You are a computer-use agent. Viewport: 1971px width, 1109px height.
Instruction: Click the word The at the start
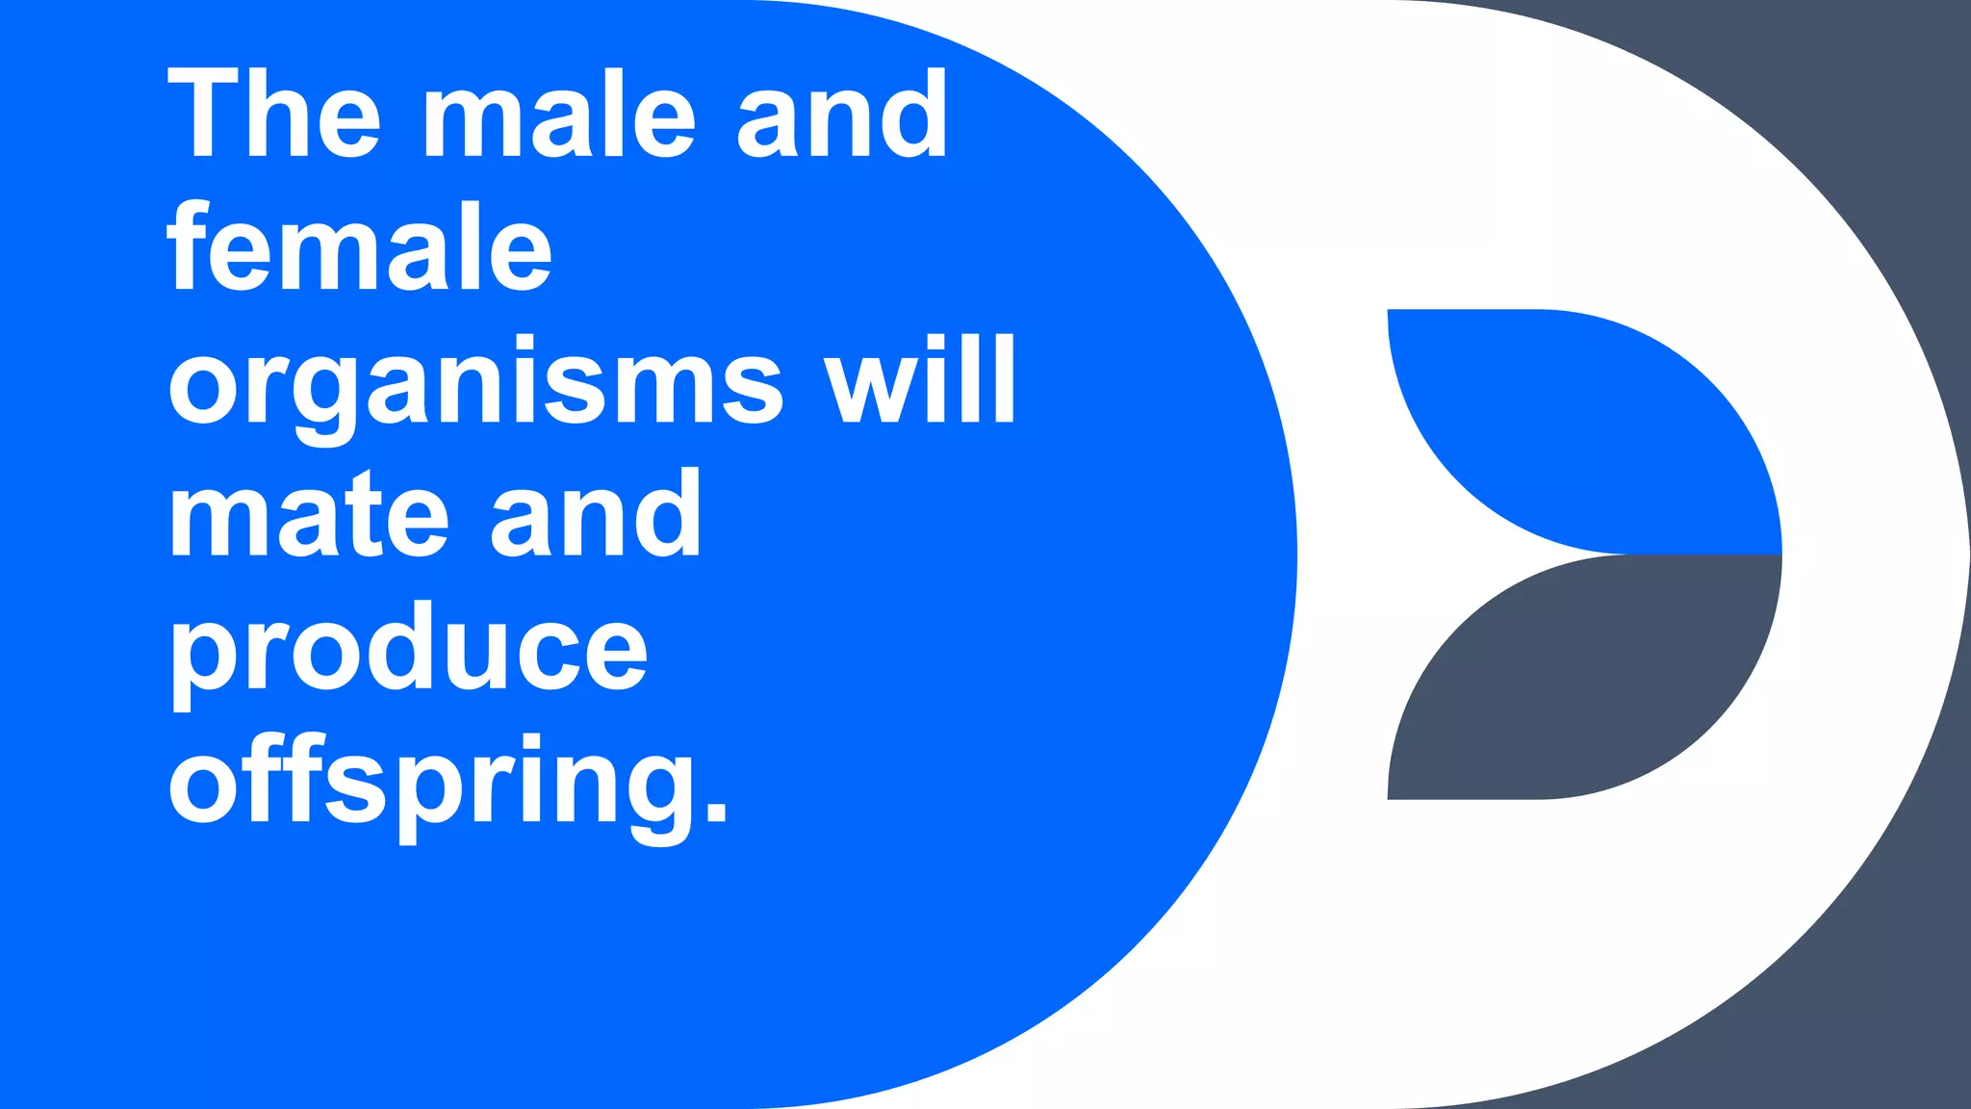pos(274,114)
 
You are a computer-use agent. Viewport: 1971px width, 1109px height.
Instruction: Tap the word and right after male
pos(842,114)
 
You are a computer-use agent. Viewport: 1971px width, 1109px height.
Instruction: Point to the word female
pos(360,246)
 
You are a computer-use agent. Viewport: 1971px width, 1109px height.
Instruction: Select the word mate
pos(308,514)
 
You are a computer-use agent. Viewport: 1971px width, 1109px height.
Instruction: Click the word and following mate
pos(596,514)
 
